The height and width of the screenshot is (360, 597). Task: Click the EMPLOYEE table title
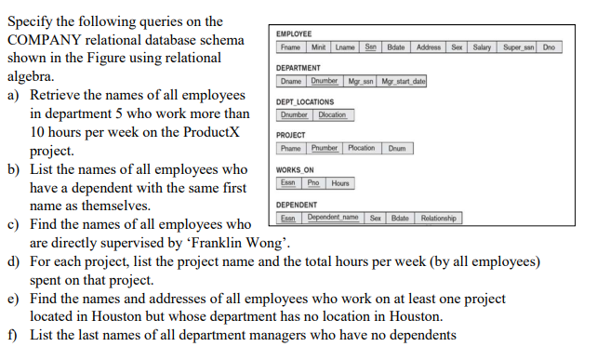[294, 33]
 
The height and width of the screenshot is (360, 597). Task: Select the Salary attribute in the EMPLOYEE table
[482, 47]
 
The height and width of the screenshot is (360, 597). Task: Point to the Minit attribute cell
[319, 47]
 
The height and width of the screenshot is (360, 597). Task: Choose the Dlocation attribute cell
[332, 115]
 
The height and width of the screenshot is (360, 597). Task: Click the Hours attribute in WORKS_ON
[340, 183]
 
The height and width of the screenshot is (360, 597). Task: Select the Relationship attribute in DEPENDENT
[438, 219]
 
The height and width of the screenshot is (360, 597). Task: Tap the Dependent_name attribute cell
[333, 219]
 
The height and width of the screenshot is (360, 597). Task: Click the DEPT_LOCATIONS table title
[305, 102]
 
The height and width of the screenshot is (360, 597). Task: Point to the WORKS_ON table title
[296, 170]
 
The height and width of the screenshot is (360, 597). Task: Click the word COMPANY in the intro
[47, 40]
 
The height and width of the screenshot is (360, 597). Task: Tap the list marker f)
[13, 335]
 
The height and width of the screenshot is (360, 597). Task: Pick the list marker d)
[14, 261]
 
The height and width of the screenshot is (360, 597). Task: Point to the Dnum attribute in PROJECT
[397, 149]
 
